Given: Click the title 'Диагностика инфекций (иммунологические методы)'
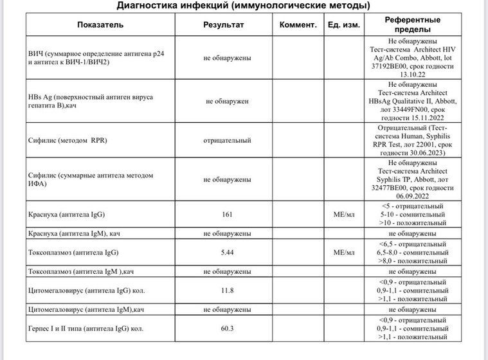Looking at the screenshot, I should point(243,6).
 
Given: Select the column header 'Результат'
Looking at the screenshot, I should point(224,25).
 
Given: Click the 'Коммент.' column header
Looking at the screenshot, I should point(299,25).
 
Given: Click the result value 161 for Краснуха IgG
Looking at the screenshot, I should point(227,214).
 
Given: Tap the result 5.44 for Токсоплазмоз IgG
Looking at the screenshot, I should point(227,252).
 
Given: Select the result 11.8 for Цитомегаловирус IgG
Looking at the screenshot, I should point(227,290).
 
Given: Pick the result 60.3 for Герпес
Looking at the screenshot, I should point(227,328).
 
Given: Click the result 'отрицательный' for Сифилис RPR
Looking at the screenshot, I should point(227,140).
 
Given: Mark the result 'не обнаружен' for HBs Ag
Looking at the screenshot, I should point(227,101).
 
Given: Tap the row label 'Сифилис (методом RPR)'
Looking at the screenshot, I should point(69,140).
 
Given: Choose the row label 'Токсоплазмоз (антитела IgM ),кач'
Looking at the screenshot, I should point(81,271).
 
